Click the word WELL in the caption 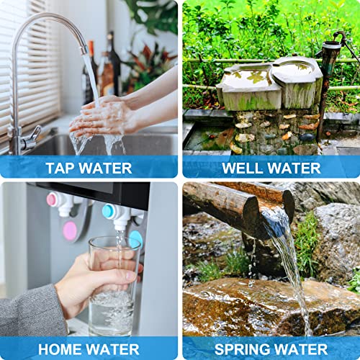click(x=242, y=168)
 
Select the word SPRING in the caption click(x=233, y=349)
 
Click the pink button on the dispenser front click(x=70, y=230)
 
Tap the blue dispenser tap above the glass click(x=115, y=214)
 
